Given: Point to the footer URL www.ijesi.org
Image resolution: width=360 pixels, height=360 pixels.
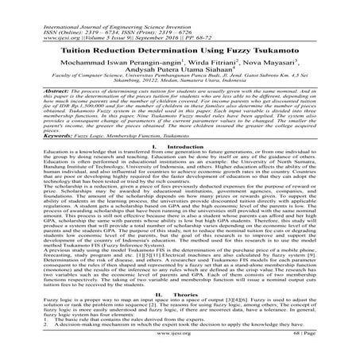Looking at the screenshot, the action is pos(180,354).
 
